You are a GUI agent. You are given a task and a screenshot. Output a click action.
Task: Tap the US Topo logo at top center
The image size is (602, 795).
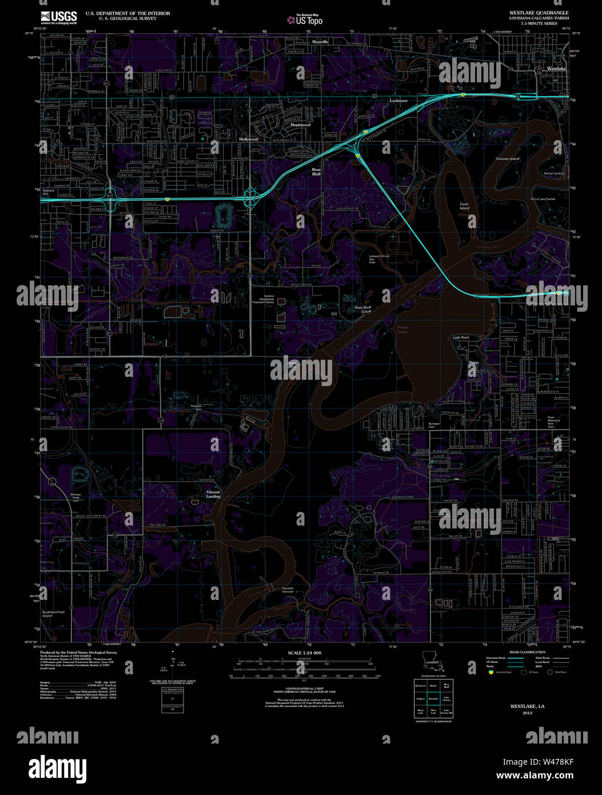pyautogui.click(x=305, y=21)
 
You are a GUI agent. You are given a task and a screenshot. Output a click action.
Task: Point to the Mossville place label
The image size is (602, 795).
pyautogui.click(x=320, y=42)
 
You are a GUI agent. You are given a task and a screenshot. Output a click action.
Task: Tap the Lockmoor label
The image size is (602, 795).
pyautogui.click(x=398, y=101)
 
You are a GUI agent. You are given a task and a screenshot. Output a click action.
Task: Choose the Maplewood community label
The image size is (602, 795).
pyautogui.click(x=300, y=125)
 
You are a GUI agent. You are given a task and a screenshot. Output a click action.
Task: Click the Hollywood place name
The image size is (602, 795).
pyautogui.click(x=249, y=140)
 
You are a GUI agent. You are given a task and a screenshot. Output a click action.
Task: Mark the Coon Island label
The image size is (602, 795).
pyautogui.click(x=464, y=206)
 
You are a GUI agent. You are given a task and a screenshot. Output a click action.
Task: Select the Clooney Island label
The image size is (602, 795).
pyautogui.click(x=507, y=158)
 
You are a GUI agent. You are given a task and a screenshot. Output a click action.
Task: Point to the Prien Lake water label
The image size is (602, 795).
pyautogui.click(x=402, y=329)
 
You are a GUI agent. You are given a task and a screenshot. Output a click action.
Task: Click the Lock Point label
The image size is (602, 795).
pyautogui.click(x=461, y=337)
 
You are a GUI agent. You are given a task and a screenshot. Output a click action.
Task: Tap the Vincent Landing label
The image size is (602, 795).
pyautogui.click(x=213, y=494)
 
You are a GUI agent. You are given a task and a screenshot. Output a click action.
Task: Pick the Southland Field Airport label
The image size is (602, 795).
pyautogui.click(x=55, y=614)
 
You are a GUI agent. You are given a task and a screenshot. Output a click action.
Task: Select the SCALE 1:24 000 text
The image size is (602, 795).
pyautogui.click(x=305, y=653)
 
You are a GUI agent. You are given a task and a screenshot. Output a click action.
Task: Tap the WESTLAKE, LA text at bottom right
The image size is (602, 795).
pyautogui.click(x=528, y=707)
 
